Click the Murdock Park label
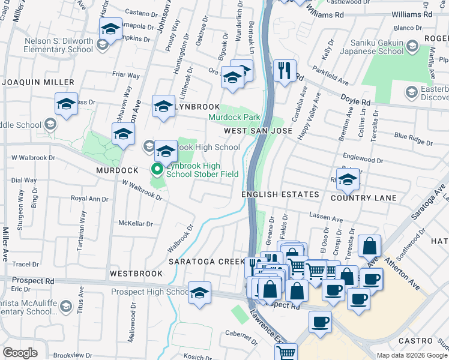click(234, 118)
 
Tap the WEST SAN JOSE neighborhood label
click(258, 130)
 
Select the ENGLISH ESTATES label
click(280, 195)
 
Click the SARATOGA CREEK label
click(206, 262)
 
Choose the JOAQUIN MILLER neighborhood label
click(37, 82)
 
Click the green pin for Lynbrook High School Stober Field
click(158, 170)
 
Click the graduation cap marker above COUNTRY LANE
click(347, 178)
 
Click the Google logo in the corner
click(20, 353)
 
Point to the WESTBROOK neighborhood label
click(136, 274)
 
